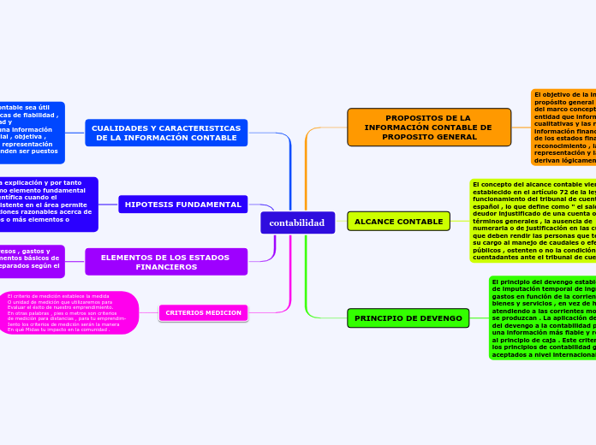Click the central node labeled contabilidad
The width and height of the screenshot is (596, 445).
(x=297, y=222)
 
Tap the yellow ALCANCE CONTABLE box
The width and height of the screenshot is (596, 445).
(x=398, y=222)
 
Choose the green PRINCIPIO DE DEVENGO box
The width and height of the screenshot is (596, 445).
(x=408, y=318)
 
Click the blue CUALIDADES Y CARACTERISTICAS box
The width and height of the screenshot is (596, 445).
(x=166, y=133)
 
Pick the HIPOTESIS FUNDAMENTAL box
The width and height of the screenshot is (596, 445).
(x=182, y=205)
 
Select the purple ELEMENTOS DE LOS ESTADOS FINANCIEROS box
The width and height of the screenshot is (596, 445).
(x=165, y=262)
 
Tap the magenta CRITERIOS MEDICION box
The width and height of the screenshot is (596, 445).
(x=203, y=312)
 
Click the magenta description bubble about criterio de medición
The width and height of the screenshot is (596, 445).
(x=69, y=312)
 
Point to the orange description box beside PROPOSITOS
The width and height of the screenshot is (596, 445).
(x=563, y=127)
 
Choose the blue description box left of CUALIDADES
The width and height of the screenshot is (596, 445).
(x=31, y=133)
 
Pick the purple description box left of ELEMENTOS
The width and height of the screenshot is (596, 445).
(x=31, y=262)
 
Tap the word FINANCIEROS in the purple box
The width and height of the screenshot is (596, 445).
(x=165, y=267)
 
